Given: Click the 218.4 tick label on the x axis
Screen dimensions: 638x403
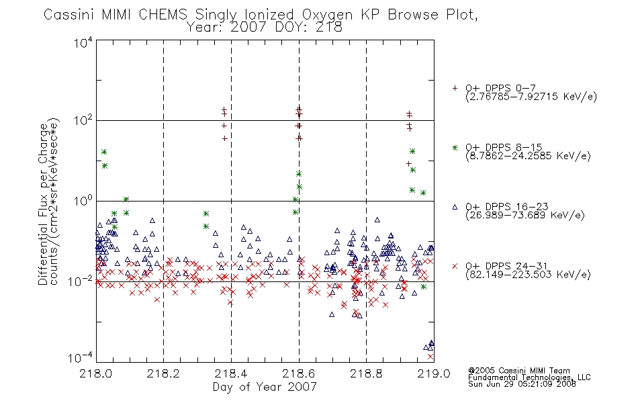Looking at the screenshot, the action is tap(231, 373).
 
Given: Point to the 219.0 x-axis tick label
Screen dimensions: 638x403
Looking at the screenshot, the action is tap(434, 373).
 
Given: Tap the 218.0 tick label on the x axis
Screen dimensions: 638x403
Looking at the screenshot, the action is tap(95, 373).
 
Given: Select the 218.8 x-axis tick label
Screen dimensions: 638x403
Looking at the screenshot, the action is tap(366, 373).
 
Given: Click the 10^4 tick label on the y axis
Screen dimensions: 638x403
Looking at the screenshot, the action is tap(83, 42).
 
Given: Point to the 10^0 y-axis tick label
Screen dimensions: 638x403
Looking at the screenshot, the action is tap(83, 201).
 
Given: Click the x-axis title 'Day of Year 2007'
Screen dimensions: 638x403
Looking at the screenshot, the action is tap(265, 386).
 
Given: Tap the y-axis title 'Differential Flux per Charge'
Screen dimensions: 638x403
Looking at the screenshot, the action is tap(43, 204).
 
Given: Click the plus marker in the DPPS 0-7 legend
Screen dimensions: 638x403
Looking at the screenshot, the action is tap(455, 88).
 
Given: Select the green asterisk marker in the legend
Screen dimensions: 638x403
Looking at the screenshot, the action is tap(455, 147).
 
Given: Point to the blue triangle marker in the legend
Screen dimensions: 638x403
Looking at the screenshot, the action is tap(455, 207).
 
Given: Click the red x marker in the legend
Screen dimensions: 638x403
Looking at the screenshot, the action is tap(455, 266).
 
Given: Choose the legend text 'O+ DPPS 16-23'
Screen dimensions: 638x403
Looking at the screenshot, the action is tap(507, 206).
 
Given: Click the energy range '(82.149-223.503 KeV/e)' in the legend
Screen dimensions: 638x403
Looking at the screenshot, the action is tap(528, 274).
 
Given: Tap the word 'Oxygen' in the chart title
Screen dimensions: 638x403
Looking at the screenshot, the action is tap(327, 15).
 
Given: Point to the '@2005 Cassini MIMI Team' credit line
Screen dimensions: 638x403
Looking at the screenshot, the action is tap(518, 371).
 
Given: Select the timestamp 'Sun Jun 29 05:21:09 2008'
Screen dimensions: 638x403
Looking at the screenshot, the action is tap(522, 384).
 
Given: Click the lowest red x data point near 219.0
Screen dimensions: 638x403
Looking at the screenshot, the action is tap(430, 357).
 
